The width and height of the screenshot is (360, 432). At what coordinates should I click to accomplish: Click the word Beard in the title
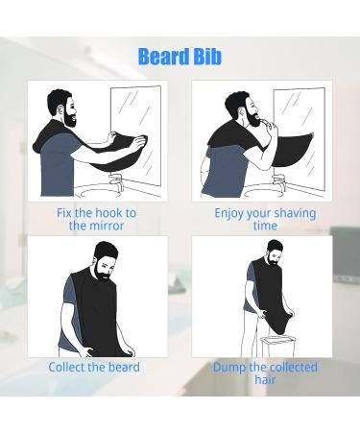click(x=162, y=57)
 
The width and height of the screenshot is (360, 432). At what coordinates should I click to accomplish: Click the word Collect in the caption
click(x=73, y=367)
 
